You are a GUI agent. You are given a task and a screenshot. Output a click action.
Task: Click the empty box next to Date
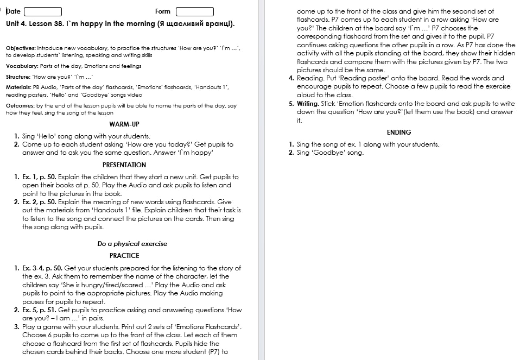43,11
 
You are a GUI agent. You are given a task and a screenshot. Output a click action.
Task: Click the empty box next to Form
194,11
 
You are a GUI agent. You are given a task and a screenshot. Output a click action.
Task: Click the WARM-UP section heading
124,124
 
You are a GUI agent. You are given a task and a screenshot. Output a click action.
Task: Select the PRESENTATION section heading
124,165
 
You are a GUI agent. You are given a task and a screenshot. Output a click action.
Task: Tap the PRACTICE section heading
124,255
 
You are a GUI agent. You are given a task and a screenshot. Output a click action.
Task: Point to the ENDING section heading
399,132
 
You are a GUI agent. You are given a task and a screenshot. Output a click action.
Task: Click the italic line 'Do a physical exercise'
132,244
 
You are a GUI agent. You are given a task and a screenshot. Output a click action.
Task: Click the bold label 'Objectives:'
21,48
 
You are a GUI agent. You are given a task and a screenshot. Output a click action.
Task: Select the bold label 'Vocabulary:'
21,66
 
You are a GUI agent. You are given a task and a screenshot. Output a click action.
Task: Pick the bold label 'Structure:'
18,77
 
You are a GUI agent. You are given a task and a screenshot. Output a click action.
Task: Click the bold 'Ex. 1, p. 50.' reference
39,177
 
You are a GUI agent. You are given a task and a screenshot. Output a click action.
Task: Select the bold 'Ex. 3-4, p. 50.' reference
42,268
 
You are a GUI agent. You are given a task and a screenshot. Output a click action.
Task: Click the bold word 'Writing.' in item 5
308,103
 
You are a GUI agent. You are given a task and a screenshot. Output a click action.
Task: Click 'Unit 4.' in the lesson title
17,24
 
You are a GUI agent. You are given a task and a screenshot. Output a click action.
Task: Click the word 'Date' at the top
13,11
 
